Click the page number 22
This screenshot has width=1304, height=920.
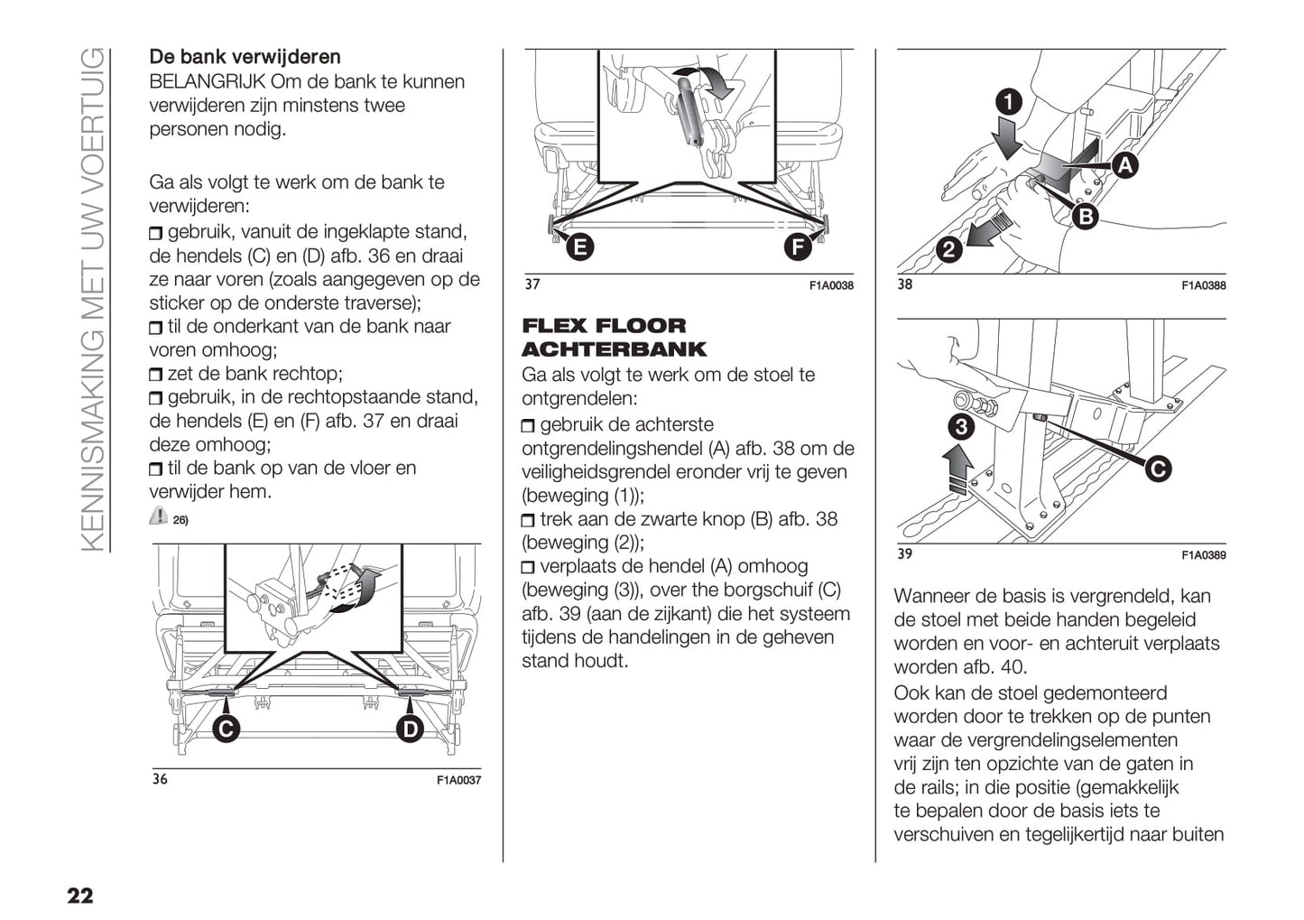click(79, 895)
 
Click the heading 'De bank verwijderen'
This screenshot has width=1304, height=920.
click(245, 58)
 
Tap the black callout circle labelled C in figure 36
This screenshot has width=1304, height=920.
click(226, 729)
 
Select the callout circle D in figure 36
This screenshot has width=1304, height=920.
click(410, 729)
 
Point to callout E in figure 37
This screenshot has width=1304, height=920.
click(579, 246)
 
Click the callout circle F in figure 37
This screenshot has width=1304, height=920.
click(797, 246)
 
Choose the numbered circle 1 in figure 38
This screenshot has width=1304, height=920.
click(1008, 101)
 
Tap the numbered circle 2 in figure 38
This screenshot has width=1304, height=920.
click(948, 248)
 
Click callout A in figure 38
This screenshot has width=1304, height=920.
click(1124, 165)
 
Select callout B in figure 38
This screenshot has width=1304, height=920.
click(1085, 216)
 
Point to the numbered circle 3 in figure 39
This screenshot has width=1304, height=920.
click(961, 426)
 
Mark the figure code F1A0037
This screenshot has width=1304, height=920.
click(458, 780)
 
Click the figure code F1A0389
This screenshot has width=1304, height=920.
click(1204, 555)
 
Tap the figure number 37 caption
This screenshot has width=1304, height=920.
click(532, 284)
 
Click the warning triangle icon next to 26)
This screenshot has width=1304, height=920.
click(159, 516)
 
